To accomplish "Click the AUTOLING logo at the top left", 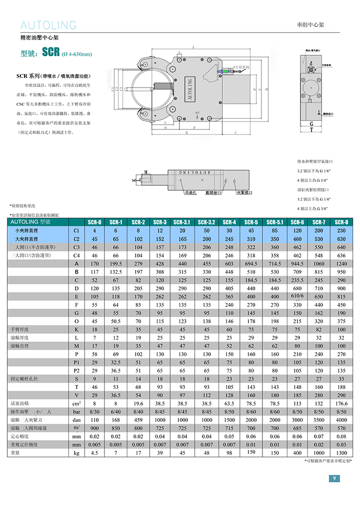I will pyautogui.click(x=48, y=25).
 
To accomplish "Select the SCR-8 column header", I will pyautogui.click(x=341, y=222).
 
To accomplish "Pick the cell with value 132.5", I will pyautogui.click(x=116, y=272).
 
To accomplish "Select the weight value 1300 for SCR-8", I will pyautogui.click(x=341, y=453).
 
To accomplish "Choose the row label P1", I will pyautogui.click(x=77, y=362).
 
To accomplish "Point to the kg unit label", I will pyautogui.click(x=77, y=453).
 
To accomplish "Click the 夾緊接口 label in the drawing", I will pyautogui.click(x=245, y=192).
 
